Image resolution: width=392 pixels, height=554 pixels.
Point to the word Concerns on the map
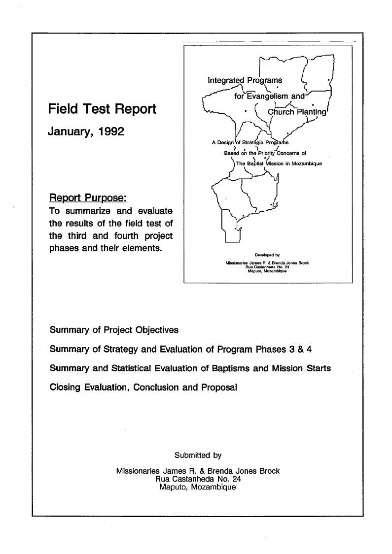[x=286, y=153]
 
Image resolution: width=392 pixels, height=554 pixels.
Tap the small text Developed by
[x=268, y=255]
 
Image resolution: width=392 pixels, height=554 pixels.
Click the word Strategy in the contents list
[x=119, y=350]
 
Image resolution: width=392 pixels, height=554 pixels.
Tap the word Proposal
[x=219, y=387]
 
